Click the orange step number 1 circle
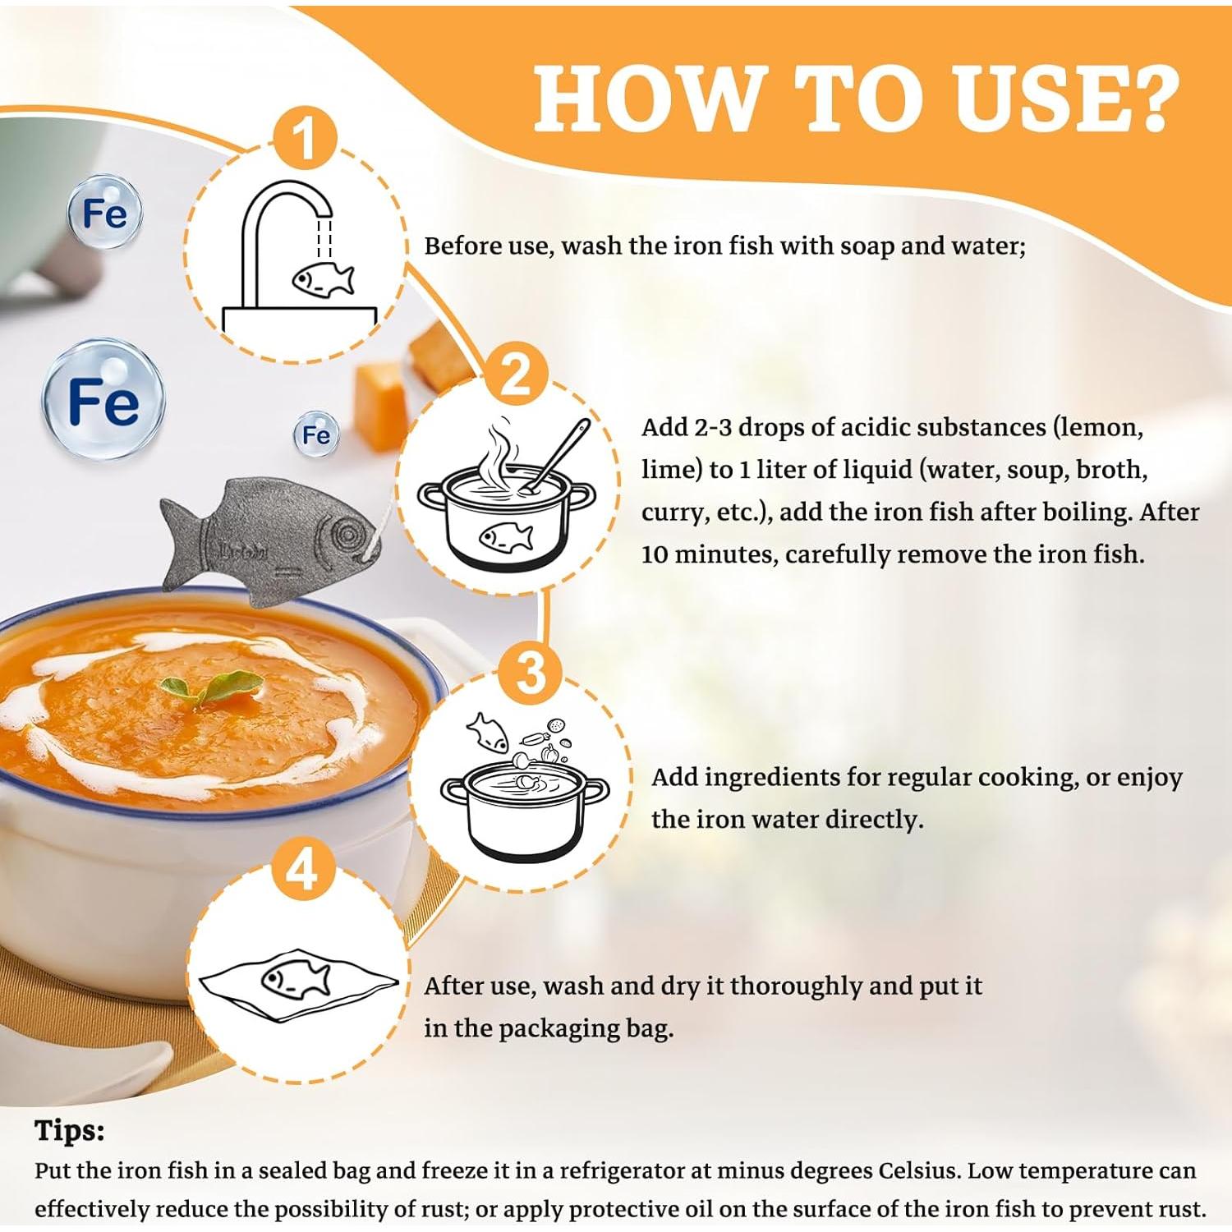click(305, 138)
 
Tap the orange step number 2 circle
click(516, 375)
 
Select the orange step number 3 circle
click(531, 671)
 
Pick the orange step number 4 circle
click(301, 868)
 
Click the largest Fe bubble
click(103, 400)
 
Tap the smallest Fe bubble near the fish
click(316, 434)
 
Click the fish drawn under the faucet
click(324, 278)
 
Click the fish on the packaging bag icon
click(296, 979)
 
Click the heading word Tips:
click(70, 1132)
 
